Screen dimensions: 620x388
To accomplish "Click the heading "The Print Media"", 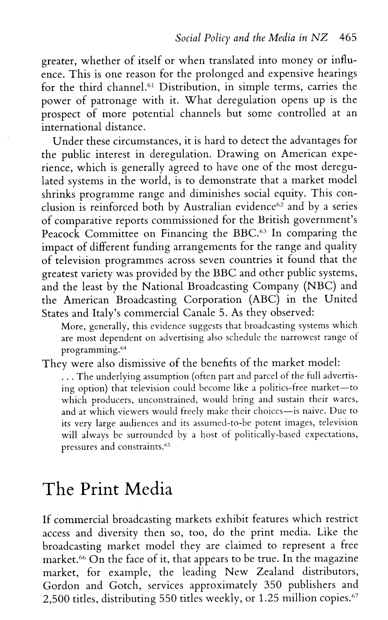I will click(108, 490).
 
